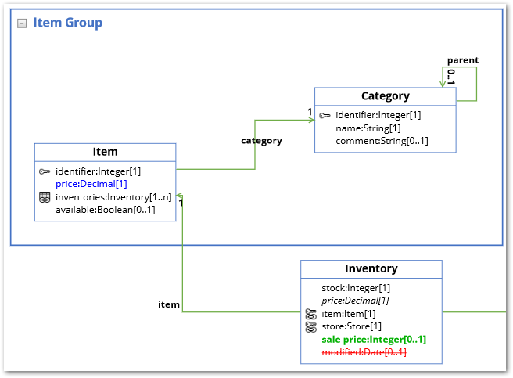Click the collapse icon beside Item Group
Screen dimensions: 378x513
pos(22,23)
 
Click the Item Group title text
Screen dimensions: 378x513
pos(67,23)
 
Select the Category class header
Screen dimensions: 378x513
pos(385,96)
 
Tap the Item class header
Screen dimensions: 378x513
pos(105,152)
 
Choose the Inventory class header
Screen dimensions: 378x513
pos(371,268)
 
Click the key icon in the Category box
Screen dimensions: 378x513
pos(325,116)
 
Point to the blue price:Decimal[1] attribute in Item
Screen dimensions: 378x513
pos(91,184)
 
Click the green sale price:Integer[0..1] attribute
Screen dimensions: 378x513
pos(373,340)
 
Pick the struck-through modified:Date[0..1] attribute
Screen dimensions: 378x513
pos(364,353)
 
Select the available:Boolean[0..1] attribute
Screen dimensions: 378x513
pos(105,210)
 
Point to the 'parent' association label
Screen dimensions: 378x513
pos(462,60)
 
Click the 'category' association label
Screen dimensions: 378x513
pos(261,141)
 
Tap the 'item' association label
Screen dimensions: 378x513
pos(168,304)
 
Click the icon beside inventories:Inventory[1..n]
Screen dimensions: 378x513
pos(45,197)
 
